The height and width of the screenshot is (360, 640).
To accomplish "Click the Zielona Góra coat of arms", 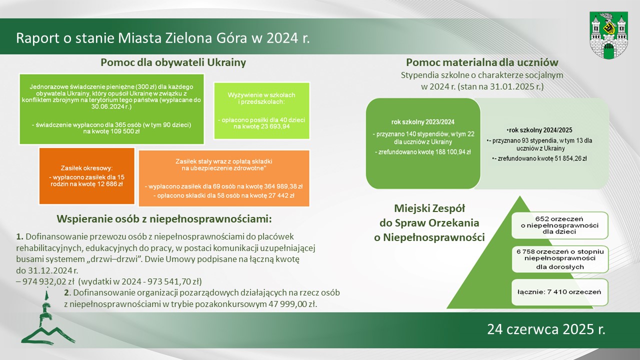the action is pyautogui.click(x=608, y=35).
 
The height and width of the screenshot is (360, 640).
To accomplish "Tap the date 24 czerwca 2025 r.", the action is pyautogui.click(x=546, y=329).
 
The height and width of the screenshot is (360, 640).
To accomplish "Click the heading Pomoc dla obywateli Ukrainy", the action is pyautogui.click(x=173, y=62).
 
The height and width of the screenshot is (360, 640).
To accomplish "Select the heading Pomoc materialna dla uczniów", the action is pyautogui.click(x=482, y=62).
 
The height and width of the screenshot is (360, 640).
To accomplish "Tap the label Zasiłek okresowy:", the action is pyautogui.click(x=86, y=168).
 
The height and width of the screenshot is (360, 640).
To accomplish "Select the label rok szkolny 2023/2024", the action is pyautogui.click(x=423, y=122).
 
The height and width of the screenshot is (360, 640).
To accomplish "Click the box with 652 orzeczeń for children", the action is pyautogui.click(x=559, y=225).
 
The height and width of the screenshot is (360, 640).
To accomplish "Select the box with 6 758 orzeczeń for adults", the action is pyautogui.click(x=560, y=259).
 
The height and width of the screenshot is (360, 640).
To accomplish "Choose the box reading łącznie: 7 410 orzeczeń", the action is pyautogui.click(x=559, y=292).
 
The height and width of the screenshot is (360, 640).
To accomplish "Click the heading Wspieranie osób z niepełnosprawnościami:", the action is pyautogui.click(x=164, y=219).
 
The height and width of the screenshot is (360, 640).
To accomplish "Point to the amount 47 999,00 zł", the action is pyautogui.click(x=293, y=304).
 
